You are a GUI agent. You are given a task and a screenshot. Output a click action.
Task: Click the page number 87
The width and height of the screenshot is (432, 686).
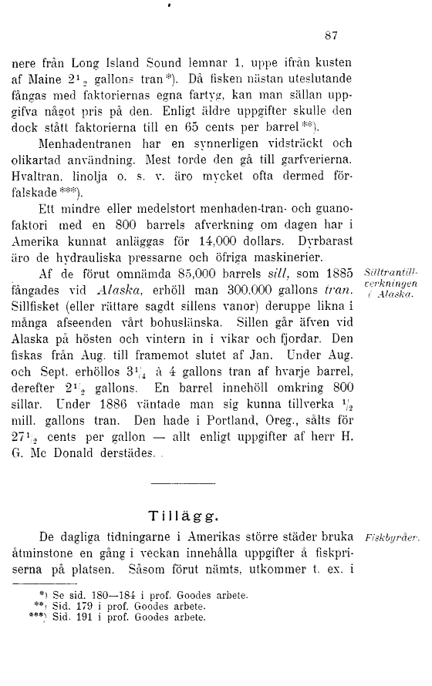[x=332, y=35]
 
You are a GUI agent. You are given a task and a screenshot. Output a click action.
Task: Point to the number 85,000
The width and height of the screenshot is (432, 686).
[x=181, y=274]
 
